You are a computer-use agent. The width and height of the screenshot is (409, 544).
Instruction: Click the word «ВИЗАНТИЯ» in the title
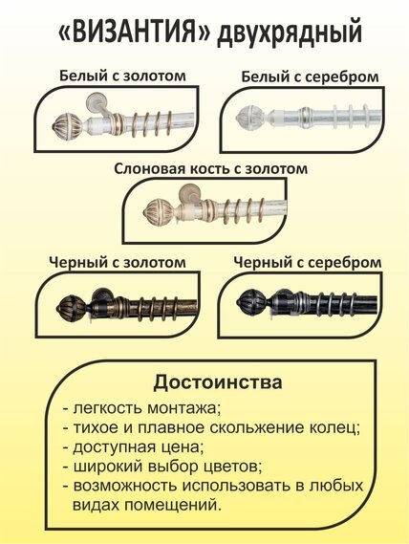coord(134,33)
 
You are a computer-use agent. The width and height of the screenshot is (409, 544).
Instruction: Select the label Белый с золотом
coord(122,76)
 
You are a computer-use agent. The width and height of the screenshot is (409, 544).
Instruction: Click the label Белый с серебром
coord(310,76)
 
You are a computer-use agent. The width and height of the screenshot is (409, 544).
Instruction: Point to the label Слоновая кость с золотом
coord(210,169)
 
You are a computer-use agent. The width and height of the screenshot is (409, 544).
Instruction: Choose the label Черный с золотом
coord(118,262)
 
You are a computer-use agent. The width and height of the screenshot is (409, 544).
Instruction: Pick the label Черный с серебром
coord(308,262)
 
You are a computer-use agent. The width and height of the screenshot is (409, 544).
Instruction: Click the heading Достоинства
coord(218,382)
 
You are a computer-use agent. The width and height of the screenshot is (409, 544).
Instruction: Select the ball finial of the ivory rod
coord(159,210)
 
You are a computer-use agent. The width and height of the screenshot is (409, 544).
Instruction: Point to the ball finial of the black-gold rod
coord(72,306)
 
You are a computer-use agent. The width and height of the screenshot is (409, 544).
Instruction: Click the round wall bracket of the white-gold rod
coord(96,102)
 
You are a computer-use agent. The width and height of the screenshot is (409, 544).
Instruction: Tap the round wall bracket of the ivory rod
coord(188,193)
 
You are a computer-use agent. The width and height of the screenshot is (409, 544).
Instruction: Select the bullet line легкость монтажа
coord(141,408)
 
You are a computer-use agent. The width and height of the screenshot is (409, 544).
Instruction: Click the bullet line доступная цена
coord(133,447)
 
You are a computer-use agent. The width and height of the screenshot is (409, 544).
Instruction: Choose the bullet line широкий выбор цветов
coord(162,467)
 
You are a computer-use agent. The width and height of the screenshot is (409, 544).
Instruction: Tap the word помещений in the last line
coord(172,505)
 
